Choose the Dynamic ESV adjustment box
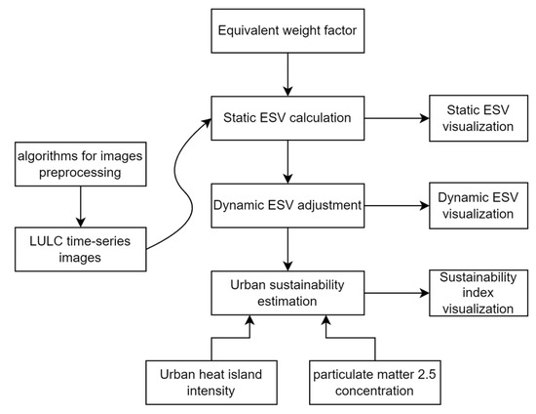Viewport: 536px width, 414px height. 287,207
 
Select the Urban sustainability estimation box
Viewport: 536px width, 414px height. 287,293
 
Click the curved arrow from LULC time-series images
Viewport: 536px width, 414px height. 180,186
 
